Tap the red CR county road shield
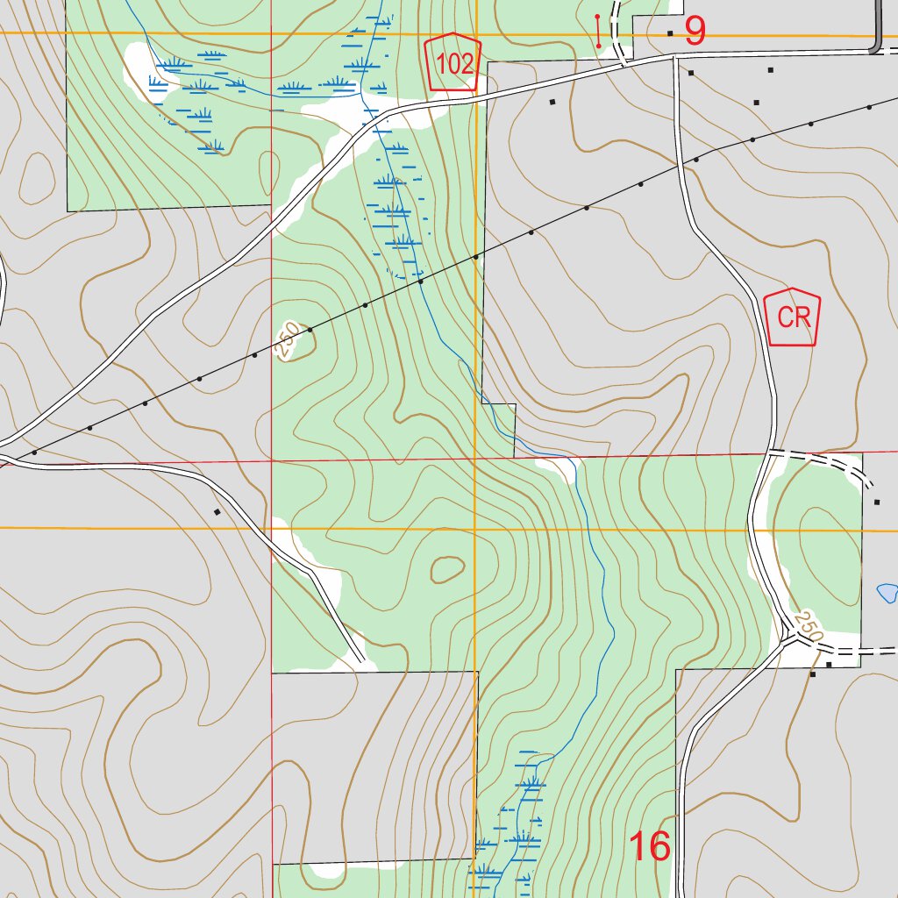(792, 317)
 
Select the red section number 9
(695, 32)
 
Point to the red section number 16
(650, 846)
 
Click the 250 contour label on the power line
(287, 341)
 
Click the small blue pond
(887, 593)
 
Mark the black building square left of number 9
(670, 33)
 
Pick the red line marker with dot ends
(598, 31)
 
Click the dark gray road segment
(877, 35)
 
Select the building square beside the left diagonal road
(216, 511)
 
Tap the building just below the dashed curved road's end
(876, 502)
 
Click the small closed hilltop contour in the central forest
(447, 570)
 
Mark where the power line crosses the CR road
(681, 165)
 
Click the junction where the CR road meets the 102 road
(675, 58)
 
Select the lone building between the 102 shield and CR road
(552, 102)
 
